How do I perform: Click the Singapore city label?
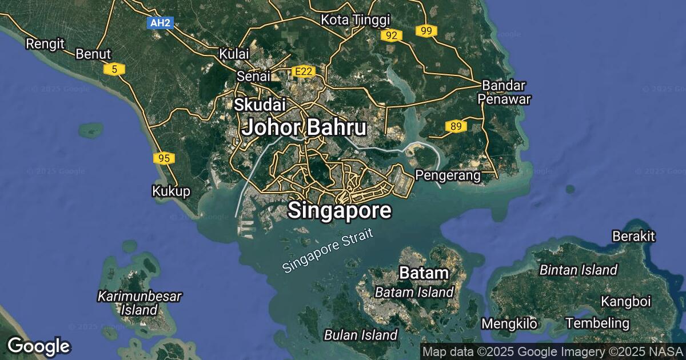coord(340,210)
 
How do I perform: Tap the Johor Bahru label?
coord(304,127)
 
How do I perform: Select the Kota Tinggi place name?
coord(355,20)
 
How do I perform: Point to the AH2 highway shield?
coord(159,23)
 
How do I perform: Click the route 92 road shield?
coord(392,35)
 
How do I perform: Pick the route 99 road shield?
coord(426,31)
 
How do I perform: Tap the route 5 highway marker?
coord(115,69)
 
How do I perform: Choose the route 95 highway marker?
coord(164,158)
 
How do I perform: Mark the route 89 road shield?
coord(455,126)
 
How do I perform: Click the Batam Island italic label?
coord(414,293)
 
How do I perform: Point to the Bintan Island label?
coord(579,270)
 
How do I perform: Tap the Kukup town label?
coord(171,191)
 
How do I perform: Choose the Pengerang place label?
coord(448,175)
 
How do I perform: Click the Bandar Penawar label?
coord(505,92)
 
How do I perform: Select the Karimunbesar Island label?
coord(139,303)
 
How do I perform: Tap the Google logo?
coord(38,346)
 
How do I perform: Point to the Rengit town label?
coord(45,43)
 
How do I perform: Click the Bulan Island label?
coord(361,335)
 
